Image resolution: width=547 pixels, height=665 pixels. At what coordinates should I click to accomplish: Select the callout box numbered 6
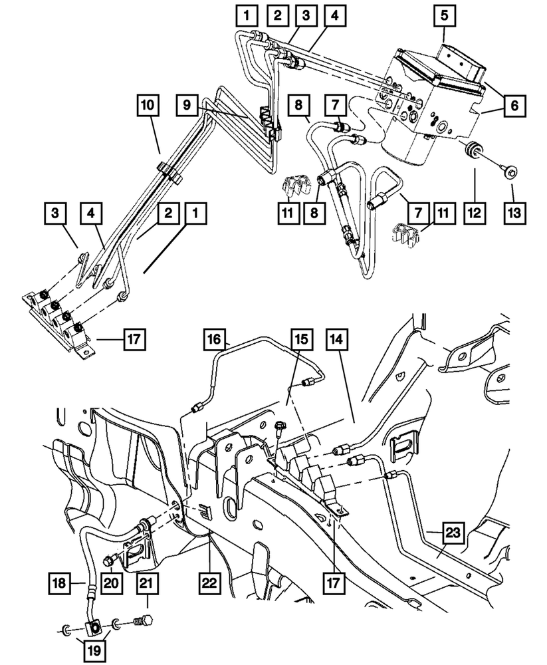tap(515, 105)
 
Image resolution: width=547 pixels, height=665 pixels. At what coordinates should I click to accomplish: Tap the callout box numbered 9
tap(188, 105)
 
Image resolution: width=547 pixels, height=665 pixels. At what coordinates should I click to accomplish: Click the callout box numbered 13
tap(514, 214)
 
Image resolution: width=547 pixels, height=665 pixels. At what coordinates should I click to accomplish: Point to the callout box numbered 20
tap(110, 583)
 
